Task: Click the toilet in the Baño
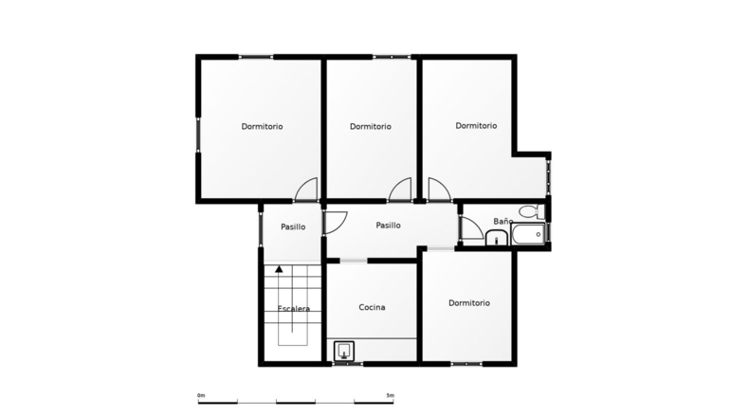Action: (x=531, y=210)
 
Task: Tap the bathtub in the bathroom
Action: (x=528, y=234)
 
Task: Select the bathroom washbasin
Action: (x=497, y=237)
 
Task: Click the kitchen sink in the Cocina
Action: (x=344, y=351)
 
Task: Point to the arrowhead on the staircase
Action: (x=279, y=269)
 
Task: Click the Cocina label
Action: (x=372, y=307)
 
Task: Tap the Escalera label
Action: (x=294, y=309)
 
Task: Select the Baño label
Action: (x=503, y=221)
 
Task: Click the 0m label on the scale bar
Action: (x=201, y=395)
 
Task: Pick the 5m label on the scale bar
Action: (x=391, y=395)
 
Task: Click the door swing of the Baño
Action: (x=472, y=227)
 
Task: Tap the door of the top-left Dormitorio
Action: (x=306, y=190)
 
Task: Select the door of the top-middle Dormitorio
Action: (x=400, y=190)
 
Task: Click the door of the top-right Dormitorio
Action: (x=440, y=190)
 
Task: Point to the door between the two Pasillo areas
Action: (x=336, y=222)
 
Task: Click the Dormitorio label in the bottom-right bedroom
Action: (x=469, y=303)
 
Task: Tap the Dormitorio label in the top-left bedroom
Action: (x=262, y=127)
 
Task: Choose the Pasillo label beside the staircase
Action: (x=293, y=227)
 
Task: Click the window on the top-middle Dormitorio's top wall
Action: (x=392, y=57)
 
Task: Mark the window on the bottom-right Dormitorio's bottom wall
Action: (x=466, y=364)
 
